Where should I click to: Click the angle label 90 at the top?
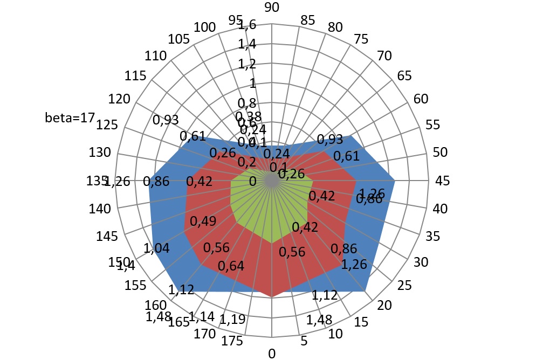pos(272,7)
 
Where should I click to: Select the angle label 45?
pos(443,181)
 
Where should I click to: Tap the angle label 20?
pos(384,306)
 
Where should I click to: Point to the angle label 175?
pos(232,342)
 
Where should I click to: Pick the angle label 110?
pos(156,56)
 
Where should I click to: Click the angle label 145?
pos(108,236)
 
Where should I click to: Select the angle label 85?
pos(308,21)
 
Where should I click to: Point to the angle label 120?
pos(119,99)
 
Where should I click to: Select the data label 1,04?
pos(156,247)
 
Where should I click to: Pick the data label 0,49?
pos(203,221)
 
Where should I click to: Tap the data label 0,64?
pos(231,266)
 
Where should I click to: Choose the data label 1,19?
pos(232,319)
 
